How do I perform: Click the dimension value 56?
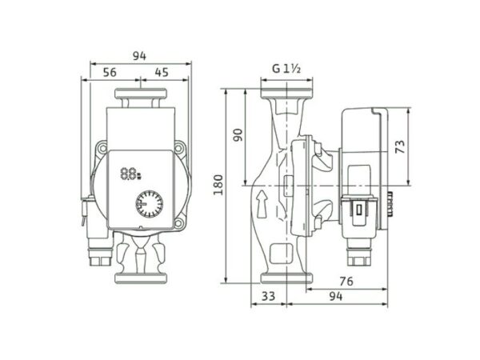pos(110,73)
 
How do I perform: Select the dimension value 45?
pos(162,73)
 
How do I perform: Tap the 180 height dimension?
pos(218,185)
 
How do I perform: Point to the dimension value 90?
pos(238,135)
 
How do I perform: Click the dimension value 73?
pos(401,146)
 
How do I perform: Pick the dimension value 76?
pos(346,282)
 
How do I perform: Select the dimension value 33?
pos(269,296)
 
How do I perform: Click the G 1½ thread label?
pos(286,69)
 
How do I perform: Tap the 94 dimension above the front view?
pos(139,56)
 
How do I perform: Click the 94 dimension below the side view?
pos(336,296)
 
